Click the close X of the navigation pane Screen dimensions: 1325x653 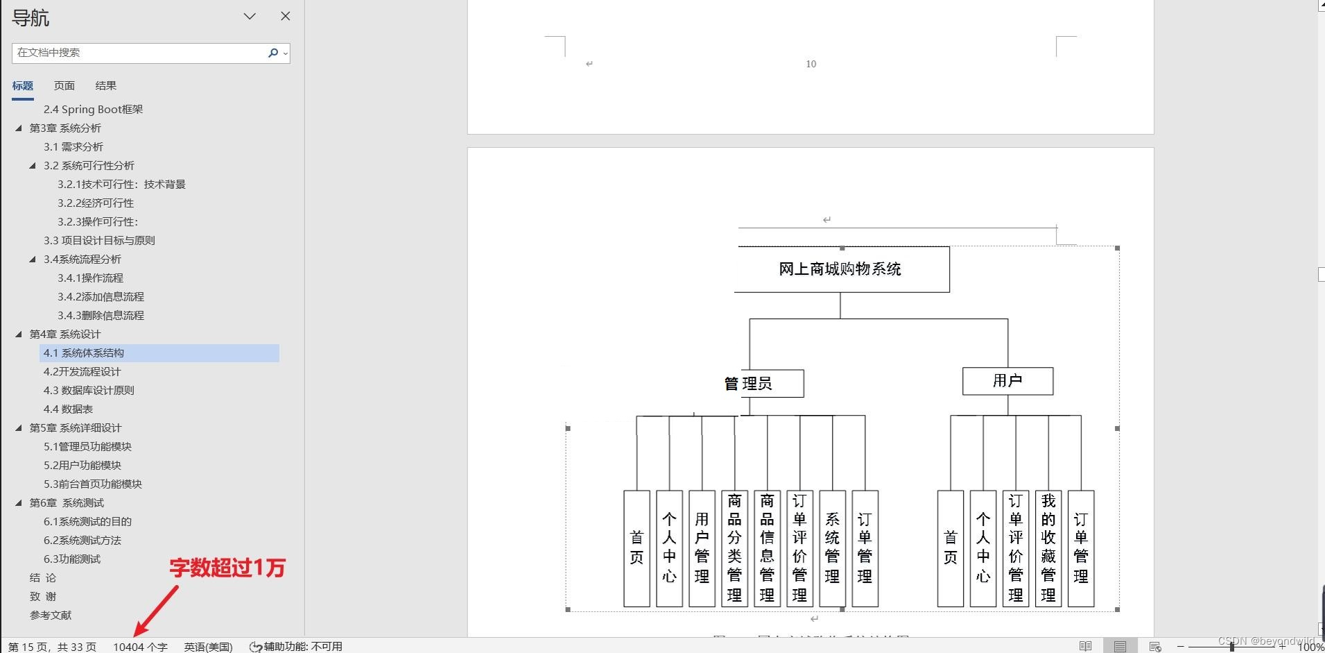(x=285, y=16)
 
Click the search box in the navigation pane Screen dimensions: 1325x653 (x=139, y=53)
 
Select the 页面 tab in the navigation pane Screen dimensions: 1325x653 (x=64, y=85)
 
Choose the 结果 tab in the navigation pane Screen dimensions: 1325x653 (x=105, y=85)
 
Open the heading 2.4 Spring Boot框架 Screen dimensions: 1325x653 (x=93, y=109)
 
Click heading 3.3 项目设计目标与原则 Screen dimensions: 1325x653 (x=99, y=240)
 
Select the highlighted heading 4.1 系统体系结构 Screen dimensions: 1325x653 (x=84, y=353)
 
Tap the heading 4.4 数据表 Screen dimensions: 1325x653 (x=68, y=409)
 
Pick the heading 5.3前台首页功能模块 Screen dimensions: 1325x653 (x=93, y=484)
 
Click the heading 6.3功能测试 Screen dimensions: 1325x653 (x=72, y=559)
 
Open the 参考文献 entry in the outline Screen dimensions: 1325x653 (x=51, y=615)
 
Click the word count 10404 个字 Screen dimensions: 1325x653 (x=140, y=647)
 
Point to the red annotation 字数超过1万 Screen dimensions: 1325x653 (x=227, y=568)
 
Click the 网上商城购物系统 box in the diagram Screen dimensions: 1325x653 (x=840, y=269)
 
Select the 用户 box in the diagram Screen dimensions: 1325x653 (x=1007, y=381)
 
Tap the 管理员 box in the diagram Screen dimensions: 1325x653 (x=763, y=383)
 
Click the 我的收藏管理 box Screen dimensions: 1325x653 (x=1048, y=548)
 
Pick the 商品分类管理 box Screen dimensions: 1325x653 (x=734, y=548)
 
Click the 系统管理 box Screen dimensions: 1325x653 (x=832, y=548)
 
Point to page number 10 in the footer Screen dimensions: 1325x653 (x=811, y=64)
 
